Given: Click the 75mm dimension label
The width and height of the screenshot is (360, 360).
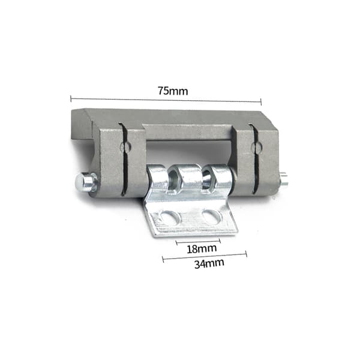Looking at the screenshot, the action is click(x=173, y=91).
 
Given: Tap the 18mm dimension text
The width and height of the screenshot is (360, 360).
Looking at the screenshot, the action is click(x=202, y=249).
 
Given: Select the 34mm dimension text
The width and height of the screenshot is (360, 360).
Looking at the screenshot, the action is click(x=209, y=263).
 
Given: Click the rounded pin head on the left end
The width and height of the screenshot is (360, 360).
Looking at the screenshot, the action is click(x=86, y=182).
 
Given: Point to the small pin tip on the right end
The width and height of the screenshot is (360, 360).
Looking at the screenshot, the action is click(x=284, y=178).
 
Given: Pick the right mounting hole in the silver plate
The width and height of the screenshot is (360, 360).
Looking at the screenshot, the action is click(x=211, y=216).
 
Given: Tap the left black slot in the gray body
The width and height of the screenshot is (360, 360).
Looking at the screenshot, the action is click(x=124, y=160).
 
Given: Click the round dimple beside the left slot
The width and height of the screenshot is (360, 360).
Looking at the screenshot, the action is click(x=126, y=146).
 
